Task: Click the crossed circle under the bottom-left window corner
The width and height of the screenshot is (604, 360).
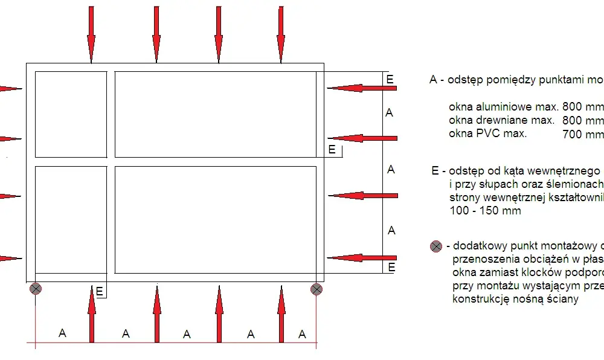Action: [x=36, y=289]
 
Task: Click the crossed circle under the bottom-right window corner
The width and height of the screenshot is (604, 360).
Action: [x=316, y=289]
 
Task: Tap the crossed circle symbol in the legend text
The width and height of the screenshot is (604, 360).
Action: [x=436, y=246]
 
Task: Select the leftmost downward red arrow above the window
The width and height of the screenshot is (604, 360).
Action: [x=91, y=34]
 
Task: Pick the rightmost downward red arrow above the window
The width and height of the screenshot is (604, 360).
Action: [x=281, y=34]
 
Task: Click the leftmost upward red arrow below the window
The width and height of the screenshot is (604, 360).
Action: [x=92, y=314]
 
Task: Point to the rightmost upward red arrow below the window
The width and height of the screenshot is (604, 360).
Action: [x=281, y=314]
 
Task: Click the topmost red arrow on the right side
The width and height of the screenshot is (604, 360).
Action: [x=362, y=88]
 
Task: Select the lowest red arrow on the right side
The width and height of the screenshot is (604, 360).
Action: [x=362, y=258]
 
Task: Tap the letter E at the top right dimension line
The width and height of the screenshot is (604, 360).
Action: [x=390, y=79]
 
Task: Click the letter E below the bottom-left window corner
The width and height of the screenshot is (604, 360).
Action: [x=100, y=292]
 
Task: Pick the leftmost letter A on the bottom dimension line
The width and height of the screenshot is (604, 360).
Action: [x=62, y=333]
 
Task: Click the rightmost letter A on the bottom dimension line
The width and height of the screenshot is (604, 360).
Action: [x=303, y=334]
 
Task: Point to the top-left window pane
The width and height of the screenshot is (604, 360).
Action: [x=71, y=114]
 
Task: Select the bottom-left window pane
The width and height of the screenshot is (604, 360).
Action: [x=71, y=220]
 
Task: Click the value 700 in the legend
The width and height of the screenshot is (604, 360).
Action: [x=572, y=134]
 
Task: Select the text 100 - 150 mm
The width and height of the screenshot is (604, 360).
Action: [x=486, y=211]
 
